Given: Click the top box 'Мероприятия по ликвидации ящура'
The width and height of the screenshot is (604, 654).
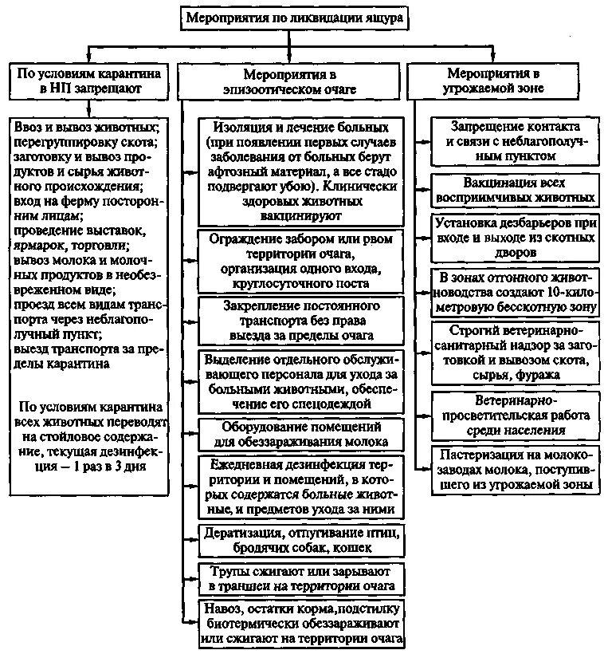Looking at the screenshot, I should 295,17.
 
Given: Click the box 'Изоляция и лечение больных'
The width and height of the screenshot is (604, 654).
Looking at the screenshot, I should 300,171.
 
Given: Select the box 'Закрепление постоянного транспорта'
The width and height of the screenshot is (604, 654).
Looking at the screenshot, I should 300,320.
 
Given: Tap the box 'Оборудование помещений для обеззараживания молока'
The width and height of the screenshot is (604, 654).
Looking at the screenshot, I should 300,435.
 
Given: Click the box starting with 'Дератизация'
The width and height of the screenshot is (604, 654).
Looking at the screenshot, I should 300,540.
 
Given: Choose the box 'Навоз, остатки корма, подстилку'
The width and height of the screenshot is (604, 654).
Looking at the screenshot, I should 300,624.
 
